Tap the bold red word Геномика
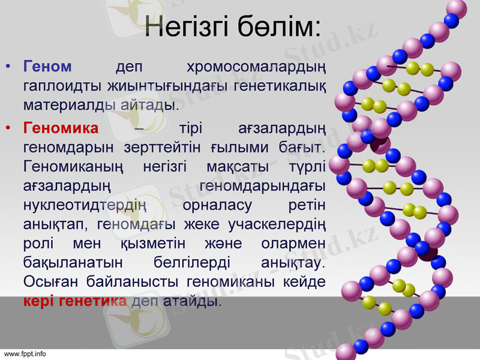[61, 128]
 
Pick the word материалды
[66, 106]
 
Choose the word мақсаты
[233, 166]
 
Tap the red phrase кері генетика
[75, 301]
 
